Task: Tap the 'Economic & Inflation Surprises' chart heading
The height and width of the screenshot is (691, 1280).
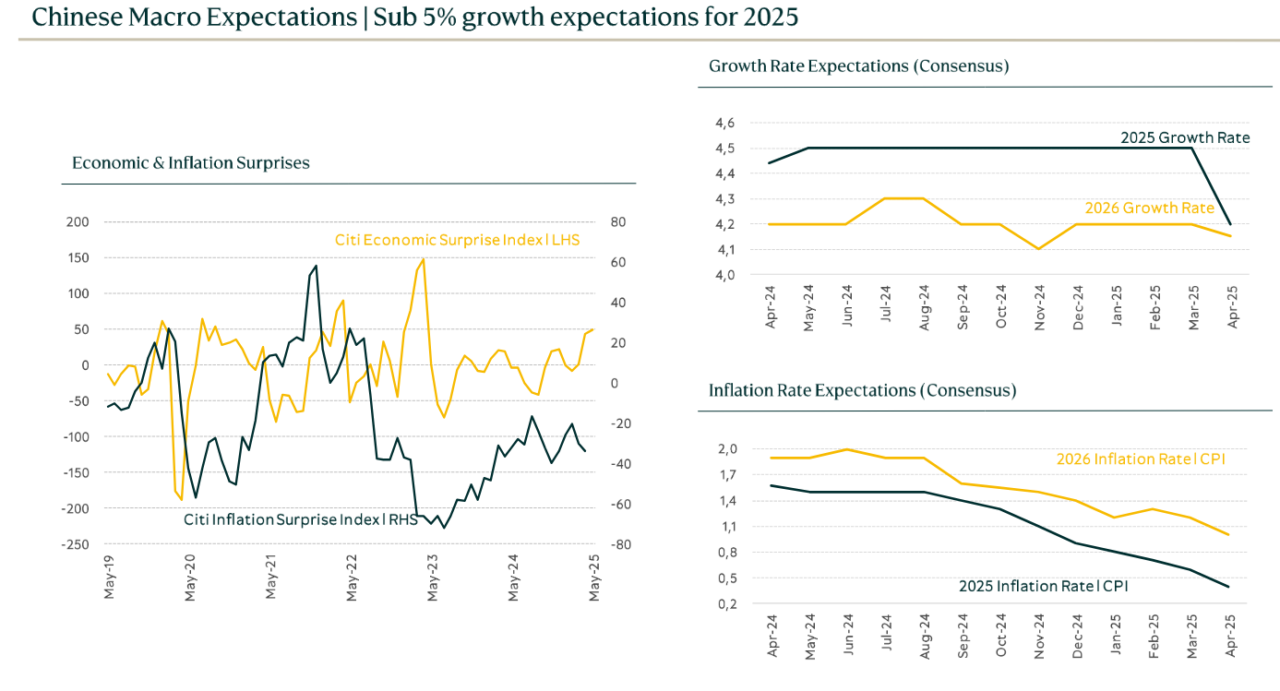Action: (191, 163)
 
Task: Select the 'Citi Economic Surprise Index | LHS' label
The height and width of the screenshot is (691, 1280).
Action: (462, 241)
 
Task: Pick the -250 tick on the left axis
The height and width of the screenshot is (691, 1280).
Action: (76, 544)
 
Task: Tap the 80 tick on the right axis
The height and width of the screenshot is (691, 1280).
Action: (617, 222)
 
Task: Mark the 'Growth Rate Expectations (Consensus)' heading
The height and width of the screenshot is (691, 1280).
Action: (858, 66)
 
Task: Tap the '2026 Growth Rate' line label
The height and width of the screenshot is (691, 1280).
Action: (1149, 208)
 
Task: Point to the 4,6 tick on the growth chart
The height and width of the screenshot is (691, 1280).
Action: (724, 123)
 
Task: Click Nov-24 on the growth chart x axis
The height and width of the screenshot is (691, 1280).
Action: (1040, 305)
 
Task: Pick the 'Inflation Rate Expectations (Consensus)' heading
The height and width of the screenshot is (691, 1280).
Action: (862, 390)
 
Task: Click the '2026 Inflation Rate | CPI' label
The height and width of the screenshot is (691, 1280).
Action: (1141, 459)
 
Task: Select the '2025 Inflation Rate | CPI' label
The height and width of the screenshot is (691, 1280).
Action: (1043, 586)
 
